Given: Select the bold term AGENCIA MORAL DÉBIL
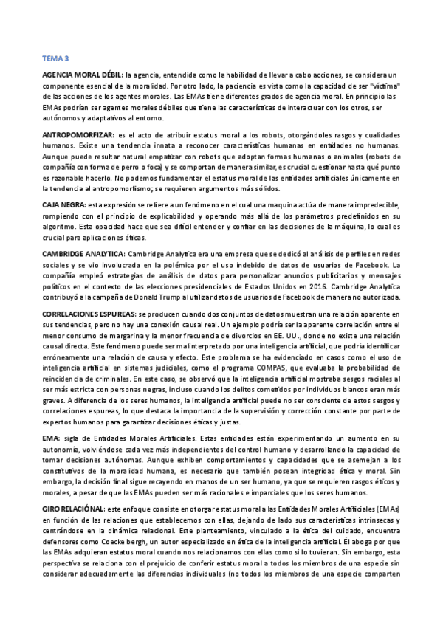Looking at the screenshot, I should [x=82, y=75].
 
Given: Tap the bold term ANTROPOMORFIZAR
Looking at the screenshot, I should [x=78, y=137].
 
